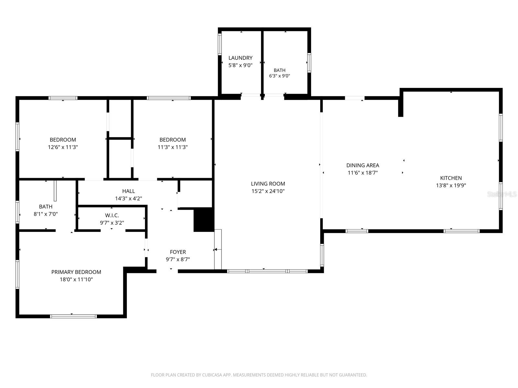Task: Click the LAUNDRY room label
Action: tap(240, 58)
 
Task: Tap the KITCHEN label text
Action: tap(451, 178)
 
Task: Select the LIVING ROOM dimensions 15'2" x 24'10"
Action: tap(268, 191)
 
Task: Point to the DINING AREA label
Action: tap(363, 165)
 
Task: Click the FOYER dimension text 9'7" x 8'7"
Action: tap(178, 259)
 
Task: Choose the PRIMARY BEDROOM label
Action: tap(76, 272)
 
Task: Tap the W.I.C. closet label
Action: tap(112, 215)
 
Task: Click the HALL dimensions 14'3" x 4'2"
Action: tap(129, 198)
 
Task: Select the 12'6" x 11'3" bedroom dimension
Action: tap(63, 147)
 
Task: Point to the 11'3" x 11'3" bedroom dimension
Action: tap(173, 147)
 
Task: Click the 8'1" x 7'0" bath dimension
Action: tap(46, 214)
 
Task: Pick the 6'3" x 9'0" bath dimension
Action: tap(279, 76)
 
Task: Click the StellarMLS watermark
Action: tap(502, 194)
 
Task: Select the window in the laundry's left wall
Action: tap(220, 44)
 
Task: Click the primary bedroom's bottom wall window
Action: tap(73, 316)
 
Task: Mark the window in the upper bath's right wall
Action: tap(309, 63)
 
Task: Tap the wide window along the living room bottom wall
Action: tap(267, 271)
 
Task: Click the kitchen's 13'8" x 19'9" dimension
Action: tap(451, 185)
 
